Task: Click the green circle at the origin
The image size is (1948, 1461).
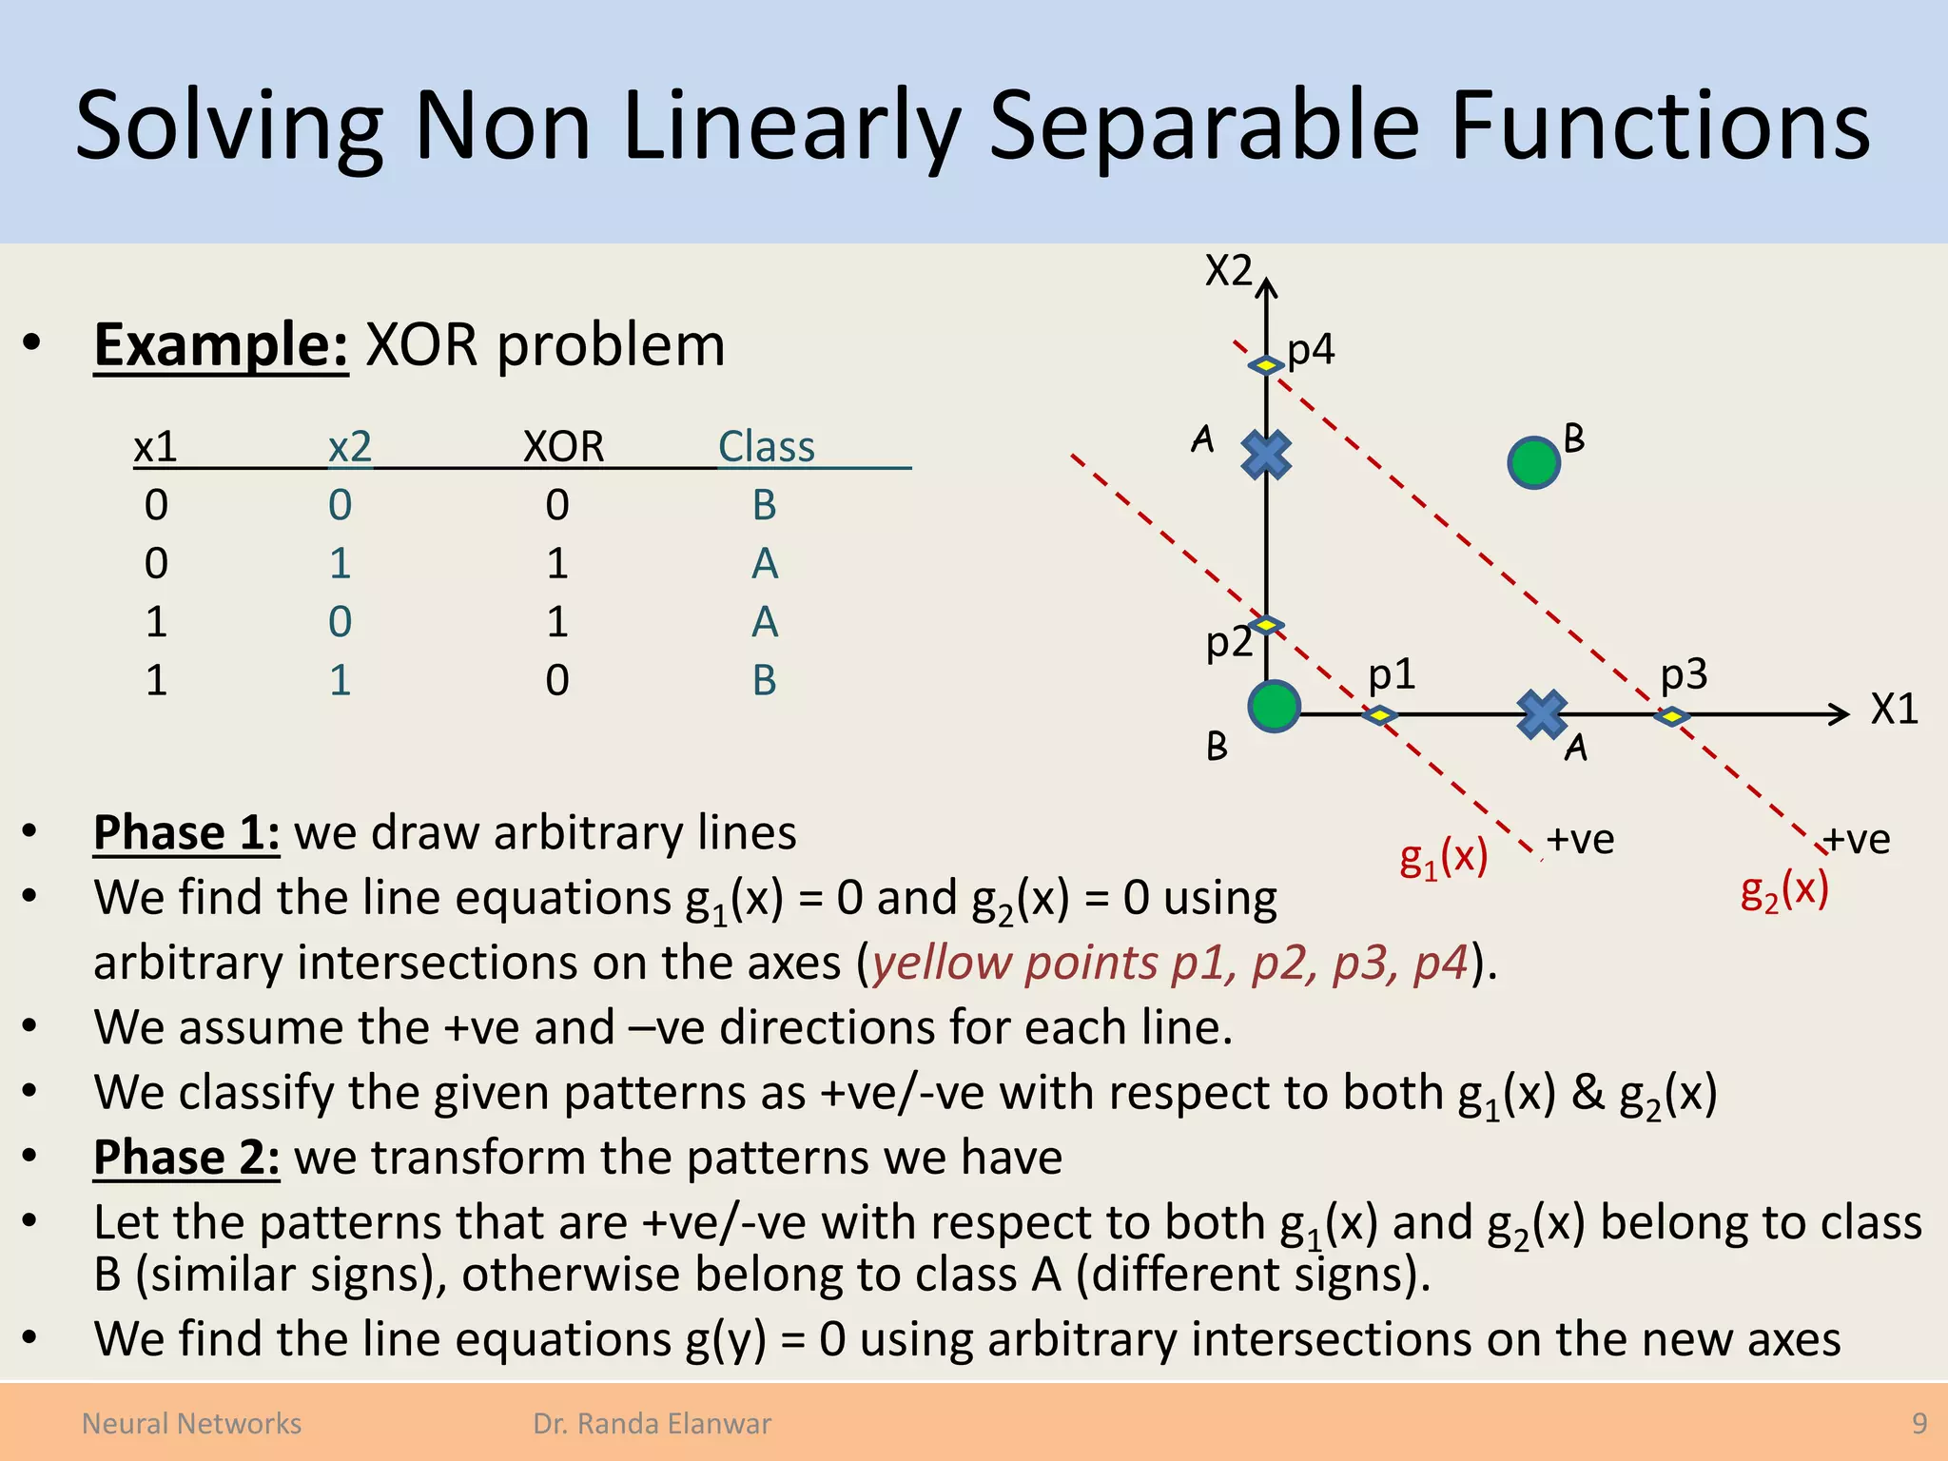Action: (x=1274, y=707)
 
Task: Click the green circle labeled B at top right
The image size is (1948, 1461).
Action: (x=1533, y=463)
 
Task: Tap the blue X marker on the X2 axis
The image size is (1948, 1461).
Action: (x=1266, y=455)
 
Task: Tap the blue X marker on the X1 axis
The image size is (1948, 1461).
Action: (x=1542, y=714)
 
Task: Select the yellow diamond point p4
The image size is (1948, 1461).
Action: (x=1266, y=365)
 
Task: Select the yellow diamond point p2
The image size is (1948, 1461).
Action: (x=1266, y=625)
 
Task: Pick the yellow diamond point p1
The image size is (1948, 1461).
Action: (x=1379, y=714)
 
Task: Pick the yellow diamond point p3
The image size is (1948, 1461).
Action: (x=1671, y=715)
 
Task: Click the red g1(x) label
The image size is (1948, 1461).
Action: (x=1443, y=858)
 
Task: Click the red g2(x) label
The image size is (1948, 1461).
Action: (x=1784, y=891)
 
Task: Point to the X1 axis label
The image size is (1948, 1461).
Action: (x=1894, y=710)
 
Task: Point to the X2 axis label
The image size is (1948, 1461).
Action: (x=1228, y=271)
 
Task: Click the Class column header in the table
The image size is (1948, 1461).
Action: (x=766, y=446)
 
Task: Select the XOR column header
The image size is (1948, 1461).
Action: (x=563, y=446)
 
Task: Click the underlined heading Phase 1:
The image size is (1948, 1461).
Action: (x=186, y=832)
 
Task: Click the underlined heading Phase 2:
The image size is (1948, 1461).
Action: (x=186, y=1158)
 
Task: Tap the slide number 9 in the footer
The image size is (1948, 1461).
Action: (x=1919, y=1423)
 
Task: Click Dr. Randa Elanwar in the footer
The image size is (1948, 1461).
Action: (x=652, y=1423)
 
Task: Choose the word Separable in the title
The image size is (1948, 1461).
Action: (x=1204, y=127)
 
